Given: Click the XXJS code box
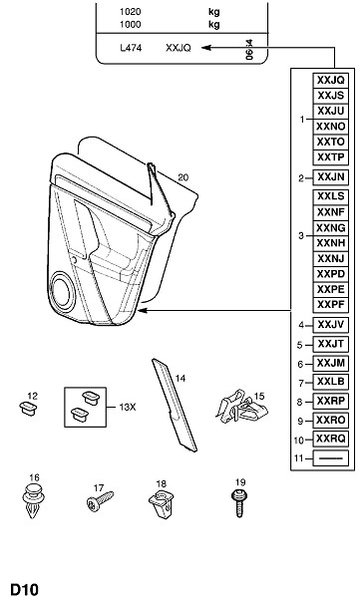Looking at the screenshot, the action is tap(331, 96).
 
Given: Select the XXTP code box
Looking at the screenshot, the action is tap(331, 157).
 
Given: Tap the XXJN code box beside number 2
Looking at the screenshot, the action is tap(331, 177).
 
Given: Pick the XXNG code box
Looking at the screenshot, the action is tap(331, 228).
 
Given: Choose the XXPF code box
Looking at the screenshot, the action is tap(331, 305).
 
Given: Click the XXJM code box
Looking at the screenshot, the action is tap(331, 363).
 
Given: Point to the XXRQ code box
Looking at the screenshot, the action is tap(331, 439).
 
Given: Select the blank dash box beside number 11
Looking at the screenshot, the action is tap(331, 458).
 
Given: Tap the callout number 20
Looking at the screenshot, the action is tap(182, 177).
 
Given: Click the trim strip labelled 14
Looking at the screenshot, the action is tap(175, 405).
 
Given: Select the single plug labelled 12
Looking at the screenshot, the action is tap(28, 408).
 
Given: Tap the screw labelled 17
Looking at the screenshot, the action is tap(100, 501).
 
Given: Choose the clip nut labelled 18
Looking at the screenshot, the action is tap(162, 503).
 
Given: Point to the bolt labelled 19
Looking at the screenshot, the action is tap(239, 503).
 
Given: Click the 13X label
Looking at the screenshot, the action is tap(127, 408).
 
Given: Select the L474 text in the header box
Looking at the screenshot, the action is tap(131, 48).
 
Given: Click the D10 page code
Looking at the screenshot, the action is tap(24, 589).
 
